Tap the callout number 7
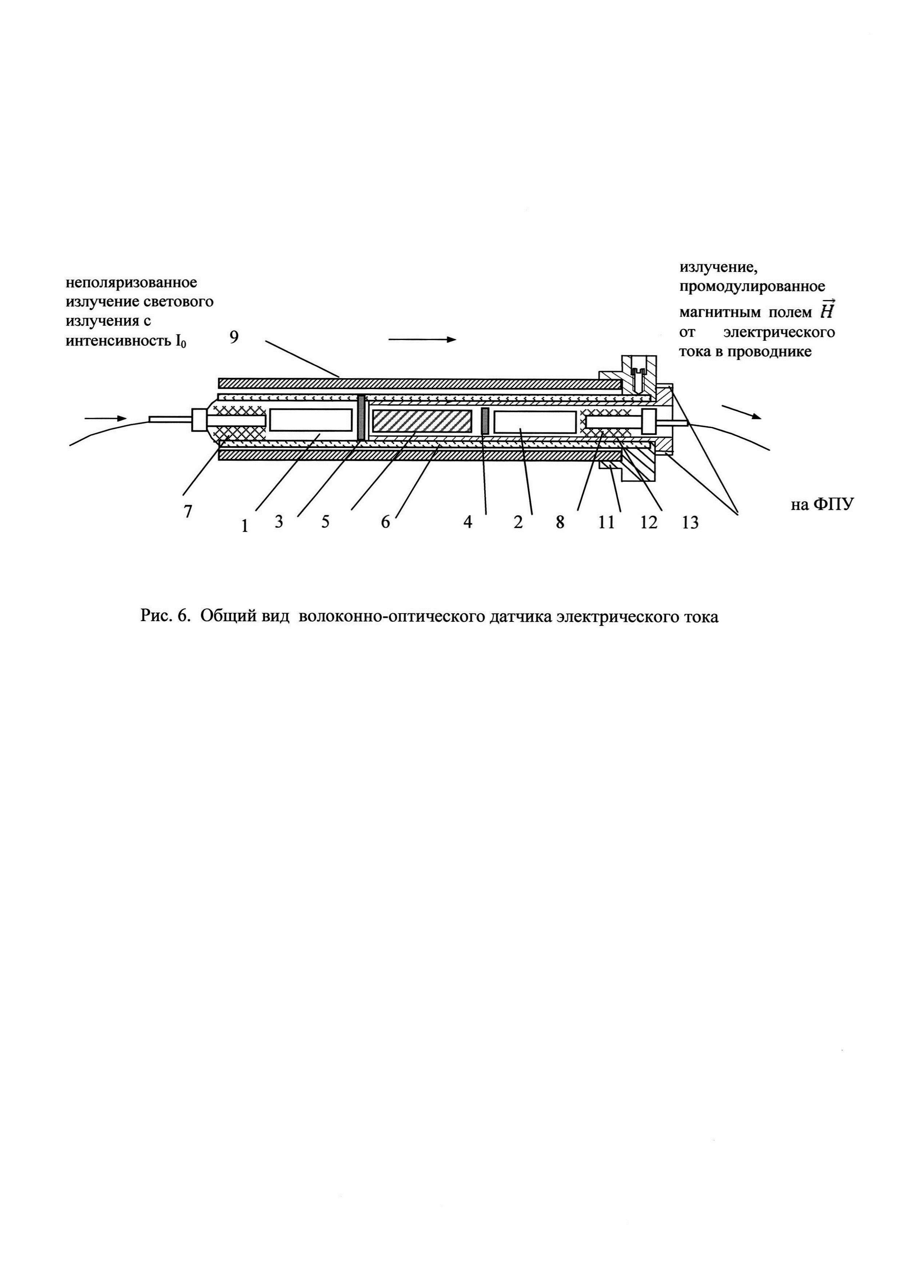coord(188,511)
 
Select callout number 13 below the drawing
coord(690,523)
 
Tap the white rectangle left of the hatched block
coord(311,420)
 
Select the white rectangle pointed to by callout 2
coord(535,422)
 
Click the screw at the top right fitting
coord(638,373)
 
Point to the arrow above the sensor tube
coord(422,339)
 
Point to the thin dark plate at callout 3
coord(361,417)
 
